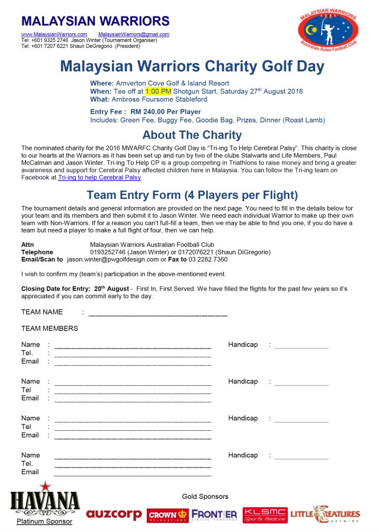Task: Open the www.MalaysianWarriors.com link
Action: coord(54,34)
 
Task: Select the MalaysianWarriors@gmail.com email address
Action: coord(134,34)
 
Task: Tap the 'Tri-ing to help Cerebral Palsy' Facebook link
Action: coord(99,177)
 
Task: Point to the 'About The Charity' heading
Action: coord(192,135)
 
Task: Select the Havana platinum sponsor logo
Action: coord(45,499)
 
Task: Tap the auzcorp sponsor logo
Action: coord(114,514)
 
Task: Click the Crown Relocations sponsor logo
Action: coord(168,515)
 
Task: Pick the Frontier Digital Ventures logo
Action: coord(214,515)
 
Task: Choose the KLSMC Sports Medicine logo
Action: coord(265,514)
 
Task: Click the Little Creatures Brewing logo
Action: coord(325,514)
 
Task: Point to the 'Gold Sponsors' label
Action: coord(205,496)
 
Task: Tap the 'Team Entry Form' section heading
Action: coord(192,195)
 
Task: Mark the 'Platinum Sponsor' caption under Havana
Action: coord(44,521)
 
